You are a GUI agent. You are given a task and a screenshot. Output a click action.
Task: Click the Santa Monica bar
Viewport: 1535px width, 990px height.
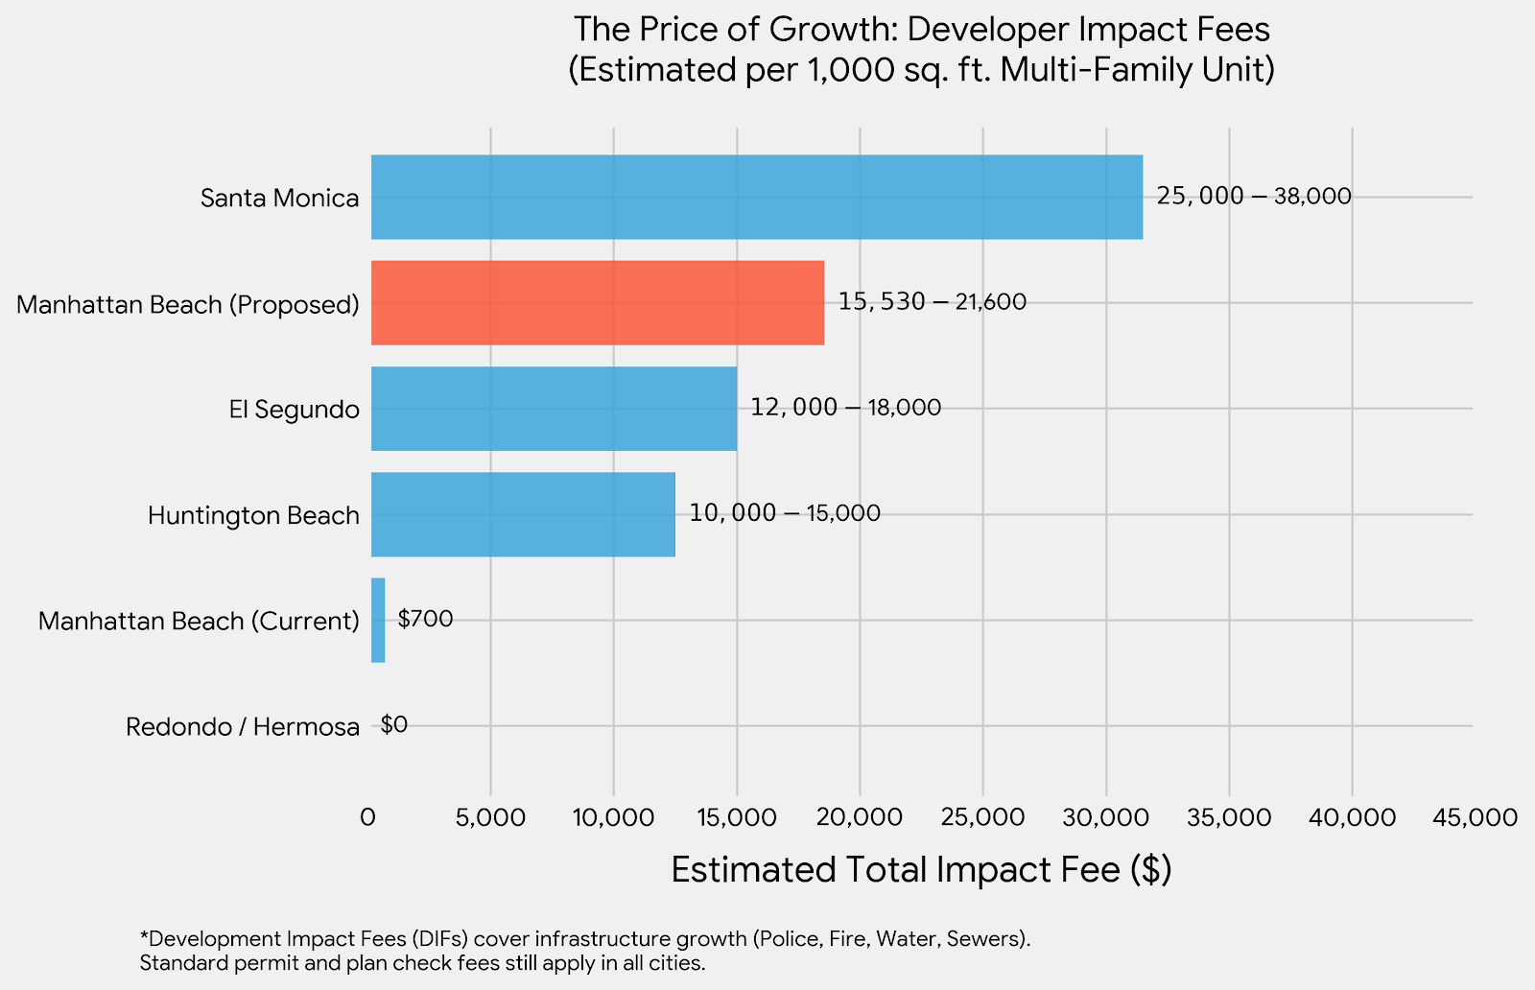coord(757,197)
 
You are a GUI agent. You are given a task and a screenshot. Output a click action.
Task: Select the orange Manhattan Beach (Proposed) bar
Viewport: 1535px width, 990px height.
coord(597,302)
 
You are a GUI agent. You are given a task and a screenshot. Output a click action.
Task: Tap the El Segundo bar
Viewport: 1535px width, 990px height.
coord(554,409)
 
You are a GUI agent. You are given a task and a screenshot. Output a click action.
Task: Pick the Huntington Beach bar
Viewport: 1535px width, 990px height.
coord(523,514)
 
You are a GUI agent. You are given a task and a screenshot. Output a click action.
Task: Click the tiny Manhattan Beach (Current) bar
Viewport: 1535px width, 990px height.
coord(378,620)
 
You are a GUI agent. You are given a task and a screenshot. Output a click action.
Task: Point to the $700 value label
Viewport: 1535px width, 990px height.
coord(425,619)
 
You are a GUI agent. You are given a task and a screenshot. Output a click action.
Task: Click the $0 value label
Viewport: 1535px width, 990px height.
coord(393,724)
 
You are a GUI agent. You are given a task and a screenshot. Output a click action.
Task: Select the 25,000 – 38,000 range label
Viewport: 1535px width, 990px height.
coord(1253,196)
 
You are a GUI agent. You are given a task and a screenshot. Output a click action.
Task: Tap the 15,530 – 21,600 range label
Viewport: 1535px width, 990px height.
coord(932,301)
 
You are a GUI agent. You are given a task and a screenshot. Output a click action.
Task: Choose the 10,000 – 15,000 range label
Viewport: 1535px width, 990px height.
coord(785,512)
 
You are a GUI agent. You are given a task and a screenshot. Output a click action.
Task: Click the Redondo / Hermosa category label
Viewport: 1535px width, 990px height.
coord(243,726)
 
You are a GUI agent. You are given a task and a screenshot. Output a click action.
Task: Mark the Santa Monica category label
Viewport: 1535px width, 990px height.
coord(279,198)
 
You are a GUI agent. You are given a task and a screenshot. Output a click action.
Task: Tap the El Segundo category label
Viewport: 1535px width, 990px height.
coord(294,410)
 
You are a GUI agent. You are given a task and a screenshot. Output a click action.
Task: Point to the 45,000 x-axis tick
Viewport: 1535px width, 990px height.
coord(1475,817)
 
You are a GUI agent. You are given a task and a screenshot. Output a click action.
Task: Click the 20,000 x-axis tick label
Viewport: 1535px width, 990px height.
coord(861,817)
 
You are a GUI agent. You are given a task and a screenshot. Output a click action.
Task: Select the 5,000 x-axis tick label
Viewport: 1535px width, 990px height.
coord(490,817)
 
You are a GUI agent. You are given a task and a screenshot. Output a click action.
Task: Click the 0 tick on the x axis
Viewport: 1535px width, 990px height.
coord(367,817)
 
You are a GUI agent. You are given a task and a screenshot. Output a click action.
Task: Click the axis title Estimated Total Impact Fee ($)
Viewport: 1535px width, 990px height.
coord(921,869)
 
